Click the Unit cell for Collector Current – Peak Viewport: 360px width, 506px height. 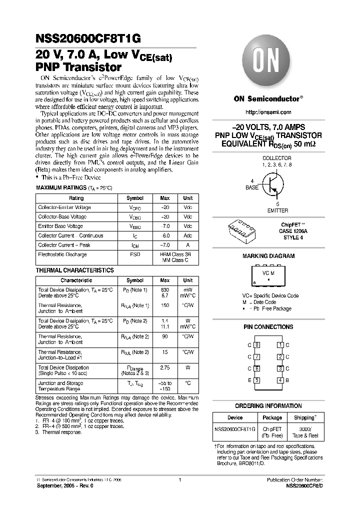click(x=187, y=245)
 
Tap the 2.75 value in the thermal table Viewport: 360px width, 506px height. click(x=164, y=367)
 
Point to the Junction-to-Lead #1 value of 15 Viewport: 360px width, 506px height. click(x=164, y=352)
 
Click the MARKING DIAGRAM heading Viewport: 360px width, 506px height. click(x=268, y=256)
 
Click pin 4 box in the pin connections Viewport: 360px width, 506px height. click(x=280, y=380)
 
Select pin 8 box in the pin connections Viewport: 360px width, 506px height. click(x=257, y=345)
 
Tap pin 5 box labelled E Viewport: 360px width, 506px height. click(x=257, y=380)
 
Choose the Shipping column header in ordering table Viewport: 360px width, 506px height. click(x=304, y=417)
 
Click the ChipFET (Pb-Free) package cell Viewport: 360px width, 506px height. click(x=272, y=432)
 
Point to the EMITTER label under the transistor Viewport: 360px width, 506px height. click(x=277, y=211)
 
